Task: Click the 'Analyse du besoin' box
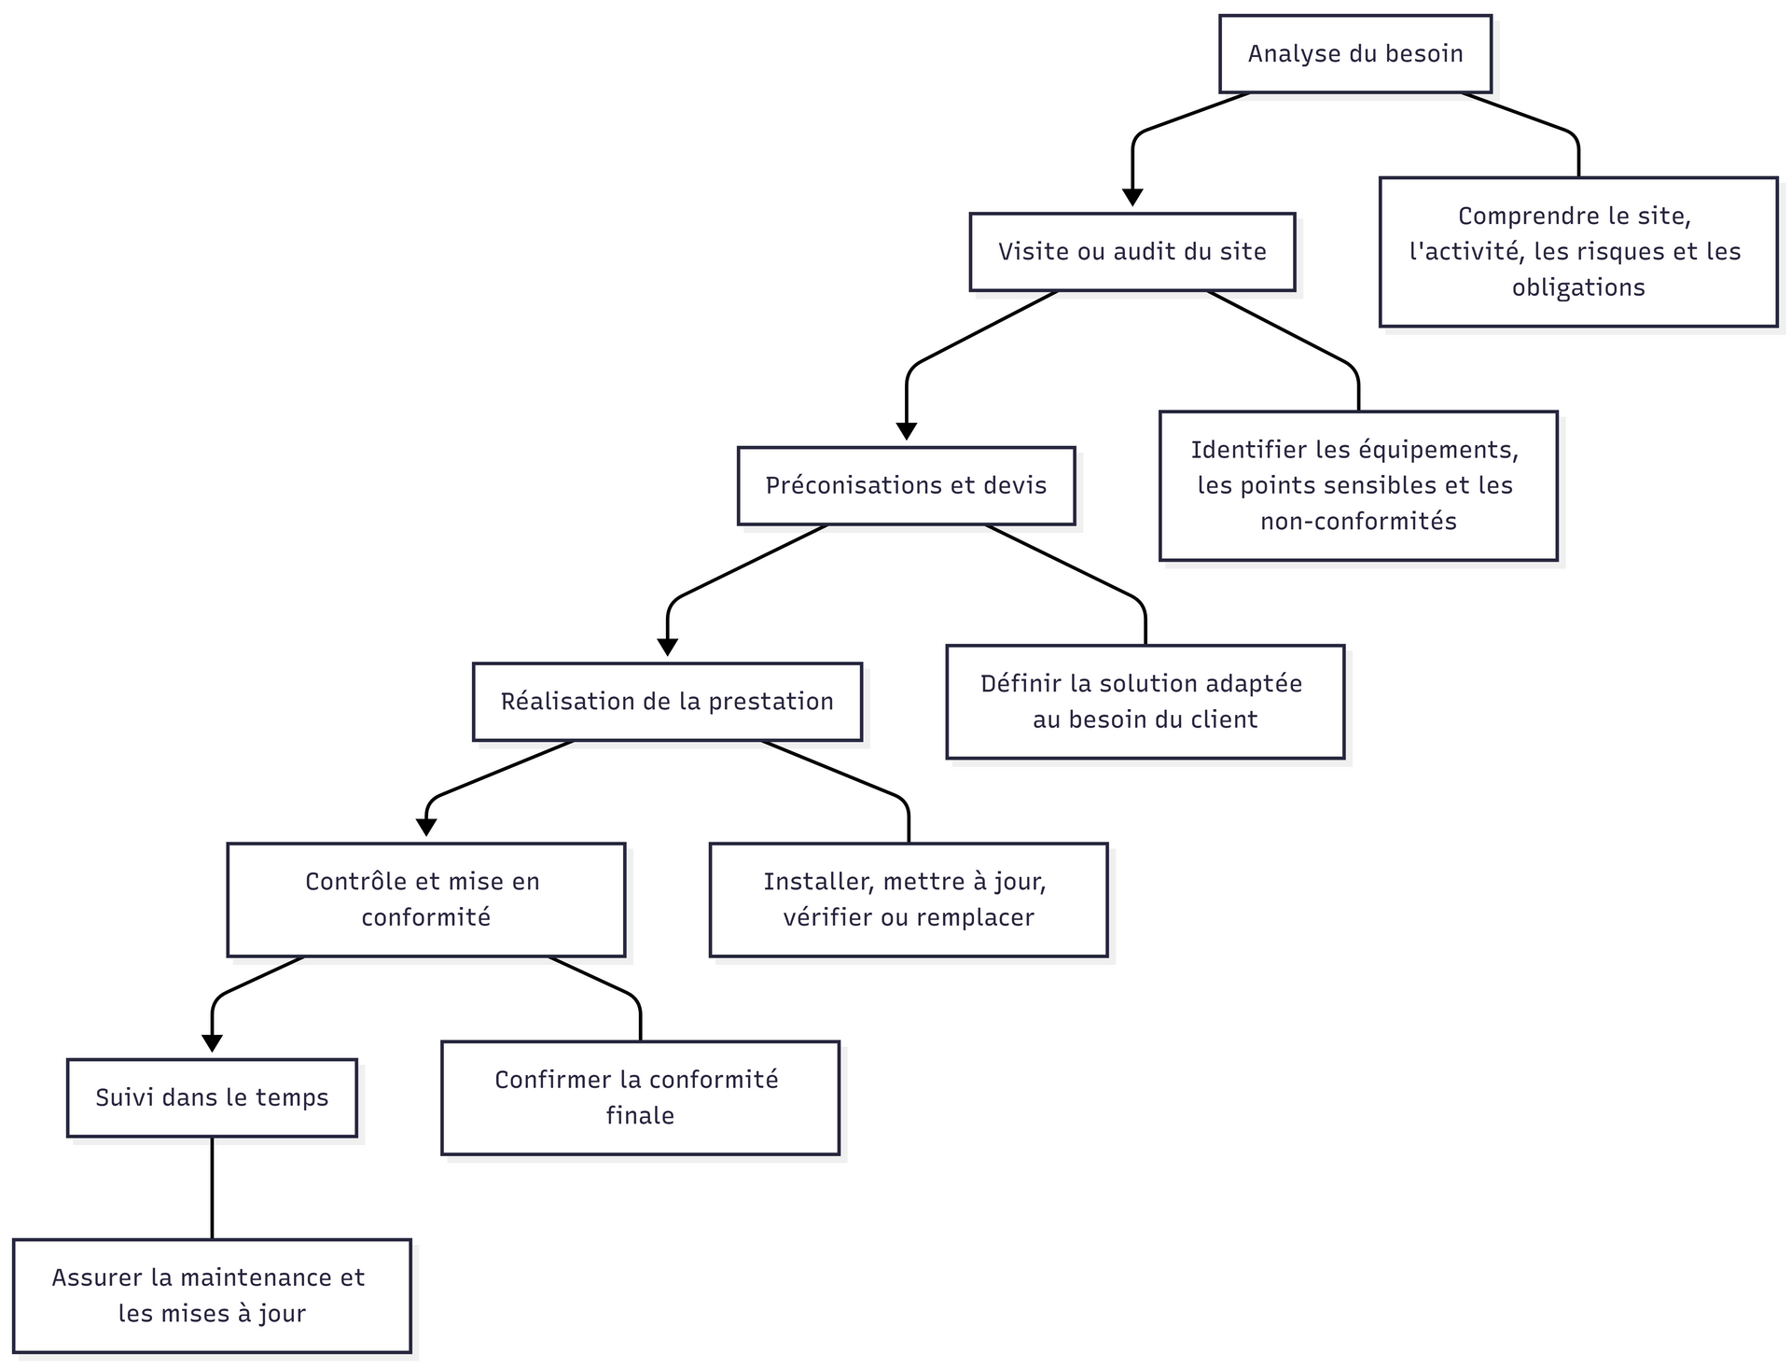point(1355,54)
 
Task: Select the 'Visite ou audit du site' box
point(1132,252)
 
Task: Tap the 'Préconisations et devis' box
point(906,485)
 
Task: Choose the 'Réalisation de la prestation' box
point(667,702)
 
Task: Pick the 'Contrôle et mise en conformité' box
point(426,900)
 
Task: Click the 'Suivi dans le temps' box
point(212,1097)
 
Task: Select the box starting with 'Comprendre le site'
point(1578,252)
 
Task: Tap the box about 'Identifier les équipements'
point(1358,485)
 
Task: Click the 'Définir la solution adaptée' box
point(1145,702)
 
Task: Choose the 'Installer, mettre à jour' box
point(909,900)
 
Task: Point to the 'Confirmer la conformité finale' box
point(640,1097)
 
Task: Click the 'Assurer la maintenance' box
point(212,1295)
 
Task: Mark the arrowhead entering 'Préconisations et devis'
point(907,431)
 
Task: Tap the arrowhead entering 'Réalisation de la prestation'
point(668,648)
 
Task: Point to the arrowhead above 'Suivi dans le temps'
point(213,1043)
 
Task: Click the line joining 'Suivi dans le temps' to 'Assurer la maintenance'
point(212,1188)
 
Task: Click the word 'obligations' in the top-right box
point(1578,287)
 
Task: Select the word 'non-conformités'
point(1358,521)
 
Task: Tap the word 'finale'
point(640,1115)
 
